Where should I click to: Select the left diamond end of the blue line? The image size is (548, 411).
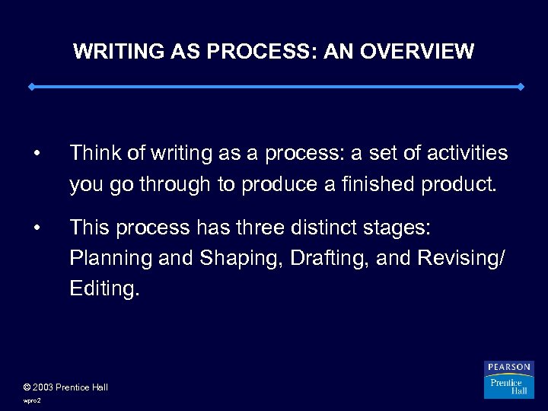coord(31,87)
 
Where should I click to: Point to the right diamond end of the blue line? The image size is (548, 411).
coord(521,87)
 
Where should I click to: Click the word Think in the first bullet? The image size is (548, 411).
coord(94,154)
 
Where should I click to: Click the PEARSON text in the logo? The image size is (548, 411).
coord(509,368)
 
